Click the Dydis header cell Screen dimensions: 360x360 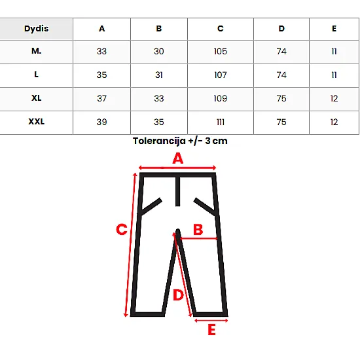(x=36, y=29)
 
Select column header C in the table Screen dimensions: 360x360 (x=221, y=28)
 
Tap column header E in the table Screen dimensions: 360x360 (x=334, y=28)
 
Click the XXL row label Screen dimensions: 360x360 (x=36, y=122)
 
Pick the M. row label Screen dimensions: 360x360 (x=36, y=51)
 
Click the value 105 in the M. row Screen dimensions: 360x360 (x=221, y=51)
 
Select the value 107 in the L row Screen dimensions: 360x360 (x=221, y=75)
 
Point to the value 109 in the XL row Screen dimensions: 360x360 (x=221, y=98)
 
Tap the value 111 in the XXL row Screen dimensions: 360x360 (x=221, y=122)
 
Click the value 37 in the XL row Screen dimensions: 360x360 (x=101, y=98)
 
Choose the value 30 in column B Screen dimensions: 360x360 (x=159, y=51)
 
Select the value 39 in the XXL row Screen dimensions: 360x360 (x=101, y=122)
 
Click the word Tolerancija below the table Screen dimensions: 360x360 (x=159, y=141)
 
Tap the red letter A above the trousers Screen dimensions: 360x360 (x=178, y=158)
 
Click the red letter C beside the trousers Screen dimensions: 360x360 (x=122, y=229)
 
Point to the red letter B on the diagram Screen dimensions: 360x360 (x=198, y=229)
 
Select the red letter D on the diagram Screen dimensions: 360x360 (x=178, y=295)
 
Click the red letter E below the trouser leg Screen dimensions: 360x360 (x=211, y=330)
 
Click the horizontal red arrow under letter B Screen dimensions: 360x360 (x=198, y=239)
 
